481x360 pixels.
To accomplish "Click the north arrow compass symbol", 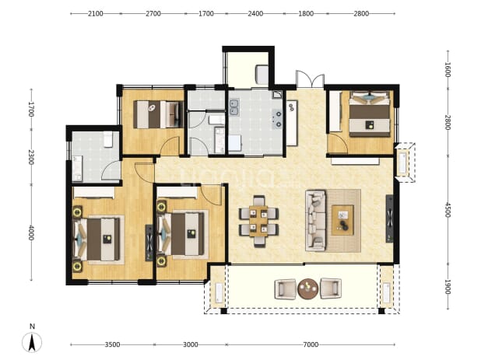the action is click(x=32, y=342).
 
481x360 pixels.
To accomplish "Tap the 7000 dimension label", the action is click(x=311, y=344).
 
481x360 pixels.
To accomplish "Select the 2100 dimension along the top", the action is click(x=96, y=13).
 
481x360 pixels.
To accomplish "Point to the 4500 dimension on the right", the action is click(x=448, y=210).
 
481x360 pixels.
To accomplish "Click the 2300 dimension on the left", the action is click(x=30, y=157).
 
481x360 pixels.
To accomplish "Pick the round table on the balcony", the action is click(x=307, y=288).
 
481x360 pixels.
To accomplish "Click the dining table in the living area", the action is click(x=258, y=221).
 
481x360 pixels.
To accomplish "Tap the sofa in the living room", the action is click(x=316, y=220).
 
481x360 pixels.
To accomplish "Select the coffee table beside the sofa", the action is click(x=342, y=220).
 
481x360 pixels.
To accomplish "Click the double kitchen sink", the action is click(x=235, y=107).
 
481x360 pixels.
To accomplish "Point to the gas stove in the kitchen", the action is click(x=278, y=119).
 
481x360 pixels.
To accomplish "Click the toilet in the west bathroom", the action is click(x=108, y=139).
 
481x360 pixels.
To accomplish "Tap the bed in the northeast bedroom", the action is click(x=370, y=114).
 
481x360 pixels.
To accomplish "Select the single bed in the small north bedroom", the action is click(x=158, y=114).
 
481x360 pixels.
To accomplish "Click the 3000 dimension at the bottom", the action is click(x=190, y=344).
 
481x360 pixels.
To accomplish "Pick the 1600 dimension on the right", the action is click(x=448, y=70).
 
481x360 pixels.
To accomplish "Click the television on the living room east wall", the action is click(x=390, y=218).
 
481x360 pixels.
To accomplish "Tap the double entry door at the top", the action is click(x=310, y=79).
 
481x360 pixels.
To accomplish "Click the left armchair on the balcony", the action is click(x=286, y=288).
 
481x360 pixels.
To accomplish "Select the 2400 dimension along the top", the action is click(x=255, y=13).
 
